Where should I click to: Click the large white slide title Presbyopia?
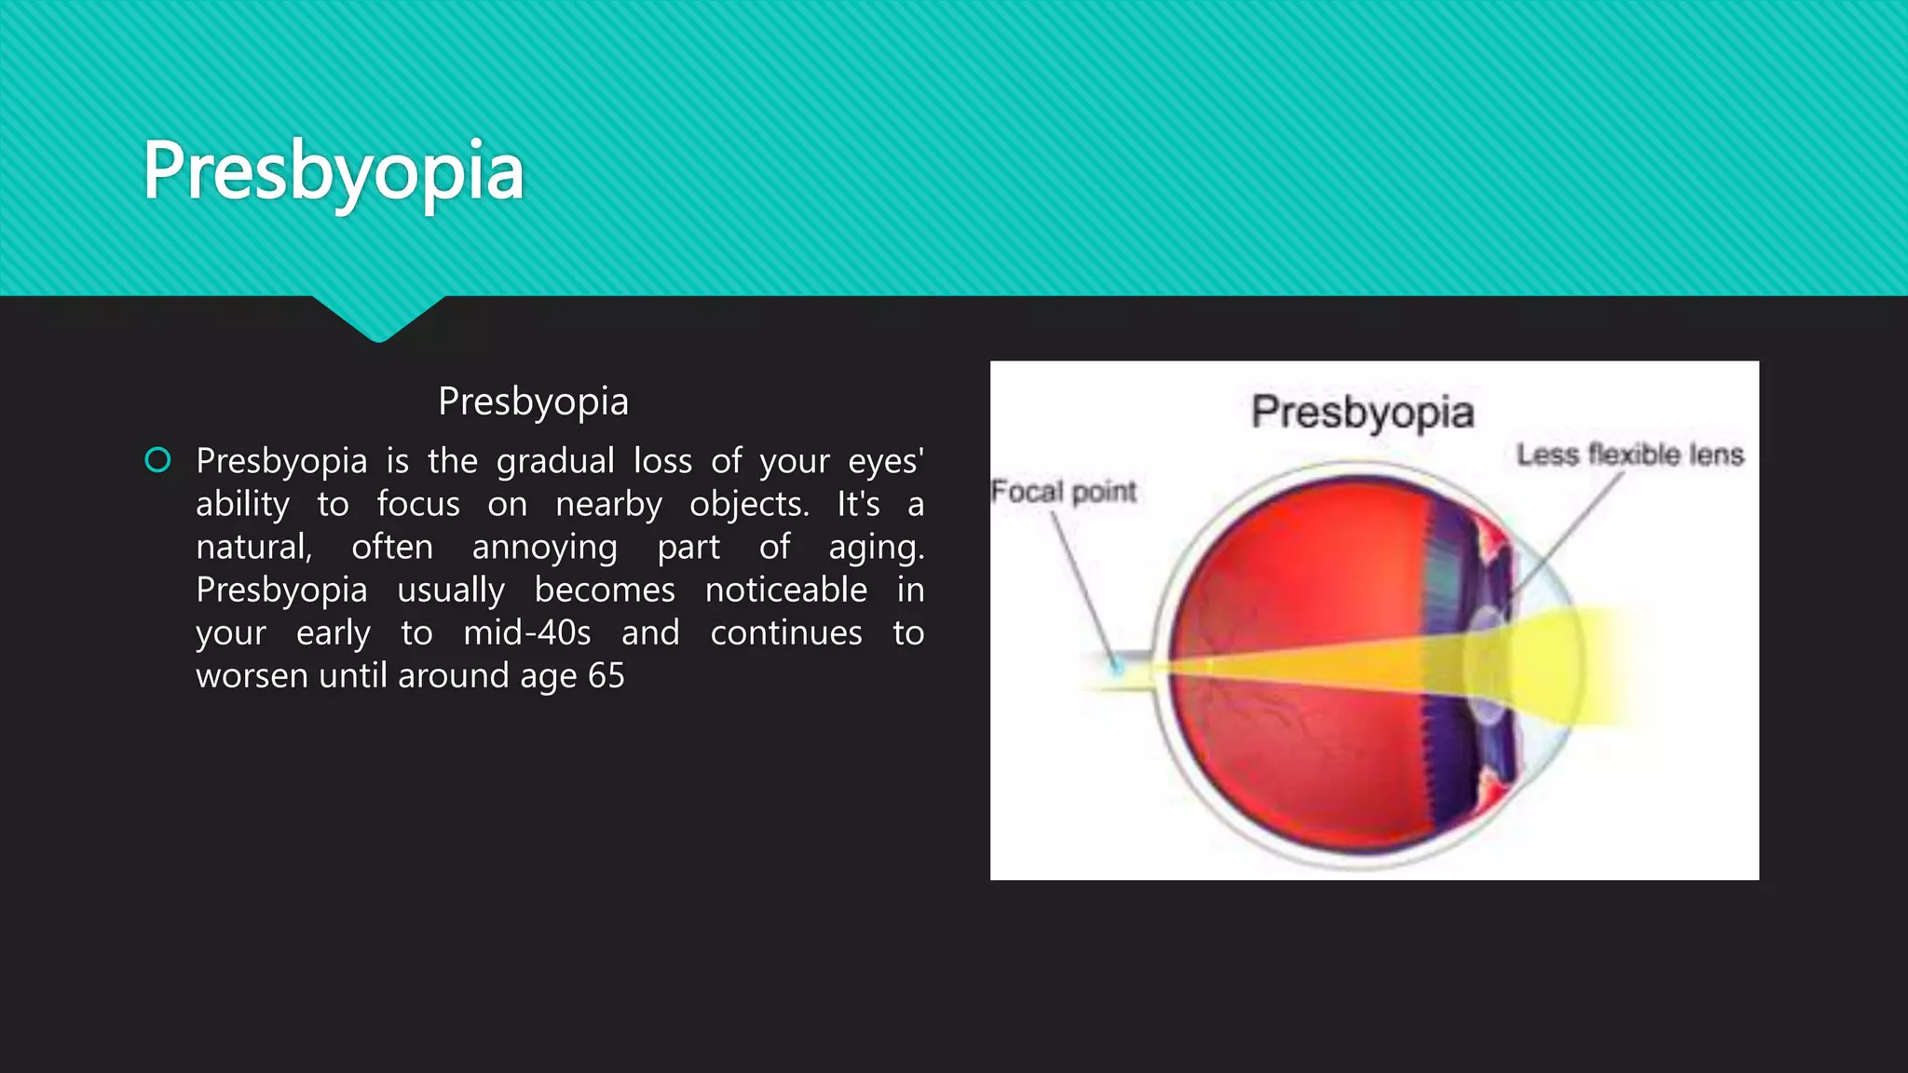[x=333, y=172]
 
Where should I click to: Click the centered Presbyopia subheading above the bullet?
[x=533, y=401]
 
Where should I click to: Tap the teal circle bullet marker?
[x=158, y=460]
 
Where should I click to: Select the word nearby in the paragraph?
[x=608, y=505]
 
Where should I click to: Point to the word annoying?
[x=544, y=548]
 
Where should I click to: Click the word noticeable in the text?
[x=785, y=590]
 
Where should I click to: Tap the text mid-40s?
[x=526, y=633]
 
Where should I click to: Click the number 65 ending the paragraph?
[x=606, y=676]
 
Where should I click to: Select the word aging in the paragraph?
[x=876, y=548]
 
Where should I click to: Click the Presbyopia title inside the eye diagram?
[x=1362, y=413]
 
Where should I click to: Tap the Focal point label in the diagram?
[x=1063, y=491]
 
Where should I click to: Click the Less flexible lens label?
[x=1629, y=455]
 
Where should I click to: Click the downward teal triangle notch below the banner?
[x=378, y=317]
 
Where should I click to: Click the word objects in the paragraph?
[x=749, y=505]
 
